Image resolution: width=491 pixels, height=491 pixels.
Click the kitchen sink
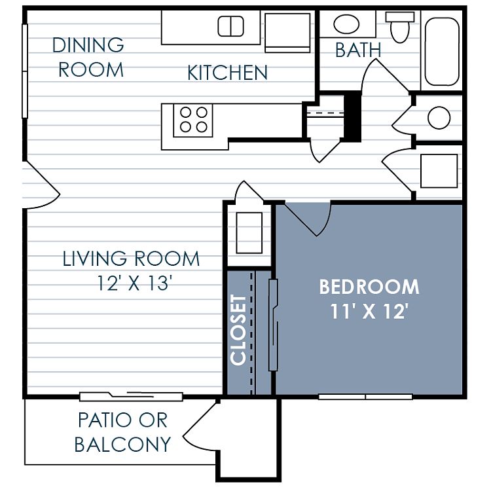[x=231, y=26]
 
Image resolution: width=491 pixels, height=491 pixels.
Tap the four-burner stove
[x=193, y=120]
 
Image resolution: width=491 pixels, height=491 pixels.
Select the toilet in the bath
[x=400, y=27]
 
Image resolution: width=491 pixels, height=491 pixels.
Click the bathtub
[x=442, y=52]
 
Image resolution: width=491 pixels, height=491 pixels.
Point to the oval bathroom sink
[x=346, y=24]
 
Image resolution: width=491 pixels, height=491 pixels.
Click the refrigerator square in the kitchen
[x=287, y=33]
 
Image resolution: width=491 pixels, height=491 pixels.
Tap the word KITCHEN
[x=227, y=73]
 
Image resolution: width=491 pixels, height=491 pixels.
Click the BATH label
[x=358, y=50]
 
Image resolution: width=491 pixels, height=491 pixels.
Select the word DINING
[x=88, y=45]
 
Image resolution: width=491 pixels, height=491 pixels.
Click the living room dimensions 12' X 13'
[x=135, y=283]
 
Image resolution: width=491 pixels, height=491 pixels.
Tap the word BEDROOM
[x=369, y=287]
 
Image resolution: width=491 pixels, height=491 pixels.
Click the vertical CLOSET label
[x=238, y=330]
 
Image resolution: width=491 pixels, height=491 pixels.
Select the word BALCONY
[x=123, y=444]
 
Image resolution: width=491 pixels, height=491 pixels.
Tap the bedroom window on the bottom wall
[x=365, y=397]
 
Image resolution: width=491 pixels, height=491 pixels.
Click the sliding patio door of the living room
[x=131, y=397]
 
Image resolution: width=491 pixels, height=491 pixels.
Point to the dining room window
[x=25, y=71]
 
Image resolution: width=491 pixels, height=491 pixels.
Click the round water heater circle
[x=439, y=118]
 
